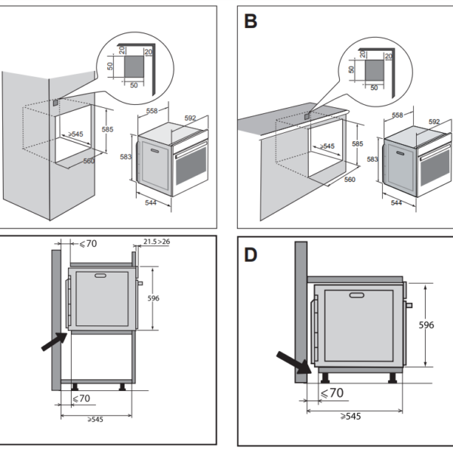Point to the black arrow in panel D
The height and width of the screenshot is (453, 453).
tap(295, 362)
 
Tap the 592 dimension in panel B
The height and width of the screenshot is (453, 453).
tap(434, 122)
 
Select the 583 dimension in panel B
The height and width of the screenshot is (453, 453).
tap(373, 159)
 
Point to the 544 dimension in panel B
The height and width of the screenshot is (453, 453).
tap(397, 203)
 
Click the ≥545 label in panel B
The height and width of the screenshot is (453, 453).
tap(327, 146)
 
